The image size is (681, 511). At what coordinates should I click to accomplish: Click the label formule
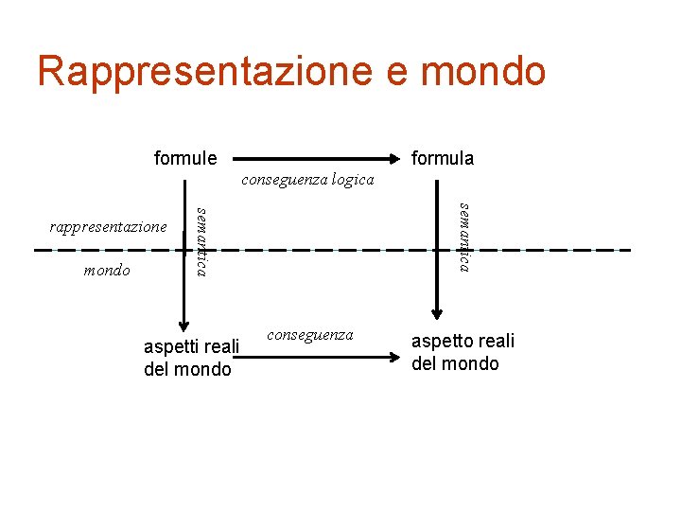[x=185, y=158]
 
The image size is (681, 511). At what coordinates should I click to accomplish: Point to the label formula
[x=443, y=158]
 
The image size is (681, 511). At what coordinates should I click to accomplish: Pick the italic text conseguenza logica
[x=307, y=180]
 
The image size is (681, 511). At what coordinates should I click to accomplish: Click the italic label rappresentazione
[x=108, y=227]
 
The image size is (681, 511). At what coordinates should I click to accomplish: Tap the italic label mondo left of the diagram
[x=107, y=271]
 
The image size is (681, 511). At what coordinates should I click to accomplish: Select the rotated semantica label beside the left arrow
[x=201, y=239]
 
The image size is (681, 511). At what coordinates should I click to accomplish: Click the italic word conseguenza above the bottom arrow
[x=310, y=335]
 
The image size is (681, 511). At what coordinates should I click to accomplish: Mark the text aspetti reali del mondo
[x=190, y=359]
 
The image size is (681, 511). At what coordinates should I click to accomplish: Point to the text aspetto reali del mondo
[x=463, y=353]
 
